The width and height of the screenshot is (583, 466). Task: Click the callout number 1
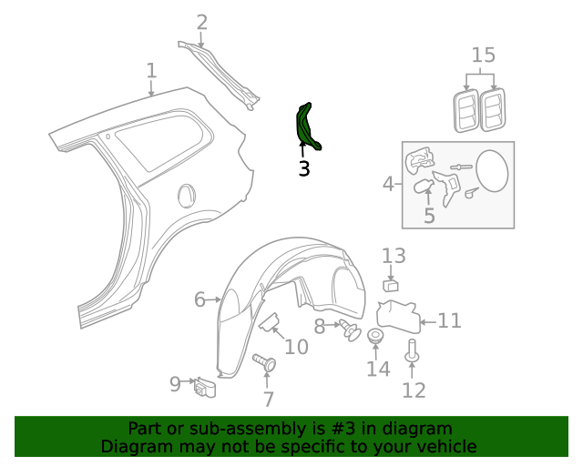pos(151,70)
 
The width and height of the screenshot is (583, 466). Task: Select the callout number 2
pos(201,22)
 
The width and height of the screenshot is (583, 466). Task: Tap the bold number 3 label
pos(303,168)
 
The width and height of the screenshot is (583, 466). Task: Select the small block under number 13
pos(391,286)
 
